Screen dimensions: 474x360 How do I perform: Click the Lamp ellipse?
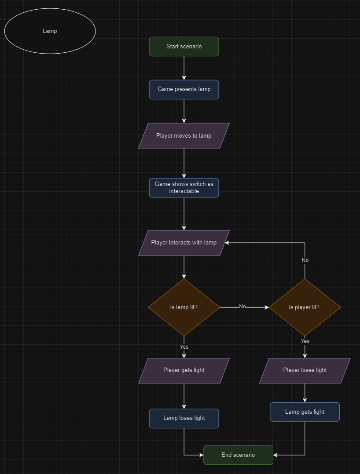tap(50, 31)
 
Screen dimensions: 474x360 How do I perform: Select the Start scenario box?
tap(184, 47)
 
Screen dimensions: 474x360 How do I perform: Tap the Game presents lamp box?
tap(184, 89)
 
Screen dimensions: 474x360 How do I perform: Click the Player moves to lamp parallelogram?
tap(184, 135)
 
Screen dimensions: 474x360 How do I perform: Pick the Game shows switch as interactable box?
tap(184, 188)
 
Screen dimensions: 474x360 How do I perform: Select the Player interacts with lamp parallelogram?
tap(184, 242)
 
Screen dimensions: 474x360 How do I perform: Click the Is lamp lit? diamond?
tap(184, 307)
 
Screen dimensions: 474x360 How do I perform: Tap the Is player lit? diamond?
tap(305, 307)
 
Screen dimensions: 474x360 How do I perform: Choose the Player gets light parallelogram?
tap(184, 370)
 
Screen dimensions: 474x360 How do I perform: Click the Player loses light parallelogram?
tap(305, 370)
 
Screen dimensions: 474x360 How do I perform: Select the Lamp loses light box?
tap(184, 418)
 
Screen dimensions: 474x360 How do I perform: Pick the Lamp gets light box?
tap(305, 412)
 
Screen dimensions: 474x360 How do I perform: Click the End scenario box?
tap(238, 455)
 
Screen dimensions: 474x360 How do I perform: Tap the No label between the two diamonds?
tap(242, 306)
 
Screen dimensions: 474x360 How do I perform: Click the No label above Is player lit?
tap(305, 260)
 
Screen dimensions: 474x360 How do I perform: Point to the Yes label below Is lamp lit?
tap(184, 347)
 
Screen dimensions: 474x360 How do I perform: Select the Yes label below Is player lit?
tap(305, 341)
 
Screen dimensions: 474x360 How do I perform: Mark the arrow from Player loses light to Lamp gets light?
tap(305, 393)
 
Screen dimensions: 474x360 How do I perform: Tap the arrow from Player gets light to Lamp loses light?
tap(184, 396)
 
